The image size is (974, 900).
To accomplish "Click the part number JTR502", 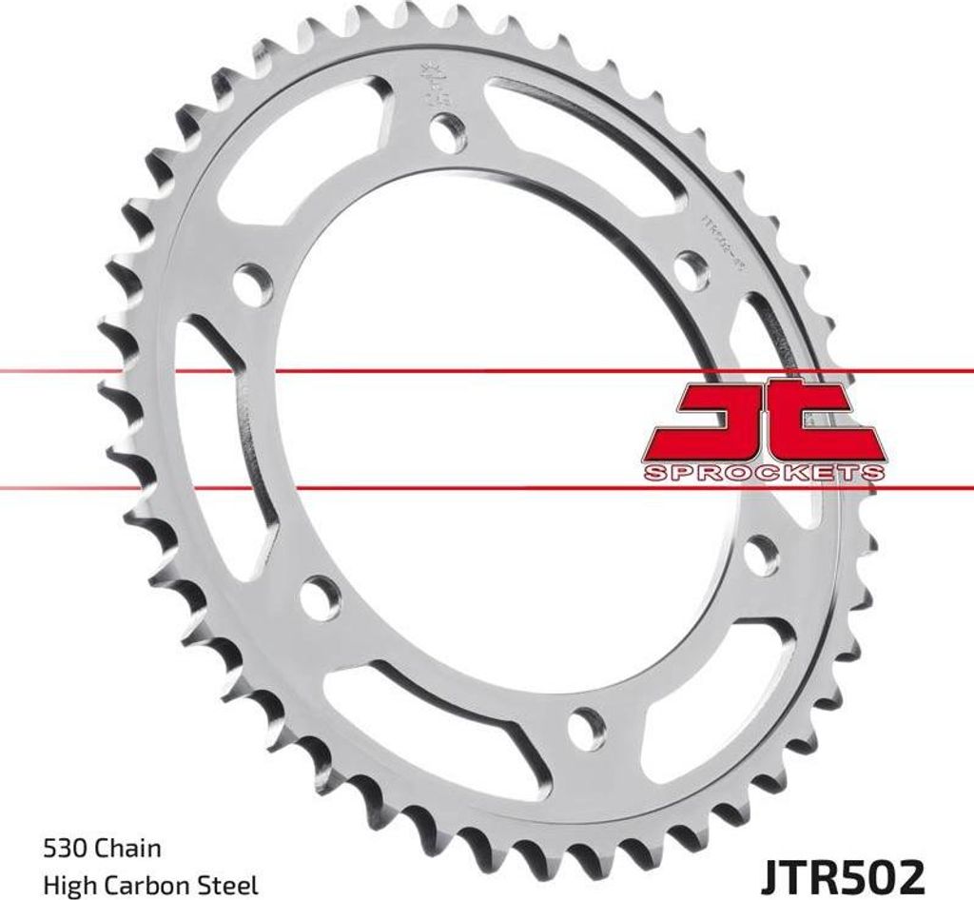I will tap(840, 873).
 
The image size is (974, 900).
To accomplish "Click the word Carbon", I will tap(149, 885).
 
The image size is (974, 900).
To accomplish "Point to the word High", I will tap(69, 885).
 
